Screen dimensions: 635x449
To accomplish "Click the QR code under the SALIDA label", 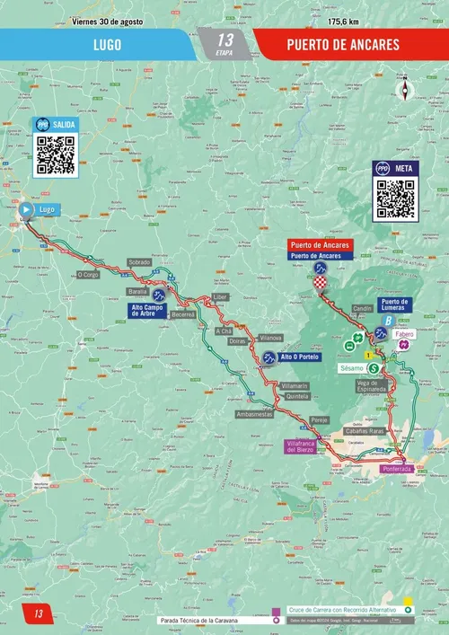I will [56, 154].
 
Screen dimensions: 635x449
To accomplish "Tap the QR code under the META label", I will [395, 198].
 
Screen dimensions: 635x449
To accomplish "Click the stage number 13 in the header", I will [224, 40].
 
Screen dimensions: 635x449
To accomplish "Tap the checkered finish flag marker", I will [321, 284].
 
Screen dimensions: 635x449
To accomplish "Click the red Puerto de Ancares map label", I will [320, 244].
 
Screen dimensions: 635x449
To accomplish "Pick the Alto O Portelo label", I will [300, 357].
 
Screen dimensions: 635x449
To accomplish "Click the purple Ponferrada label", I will [396, 469].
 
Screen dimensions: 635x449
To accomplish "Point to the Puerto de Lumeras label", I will [394, 305].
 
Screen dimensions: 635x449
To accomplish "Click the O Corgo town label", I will [88, 275].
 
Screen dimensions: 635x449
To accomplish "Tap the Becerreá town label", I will [183, 314].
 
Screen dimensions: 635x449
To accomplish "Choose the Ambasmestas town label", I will [254, 414].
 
